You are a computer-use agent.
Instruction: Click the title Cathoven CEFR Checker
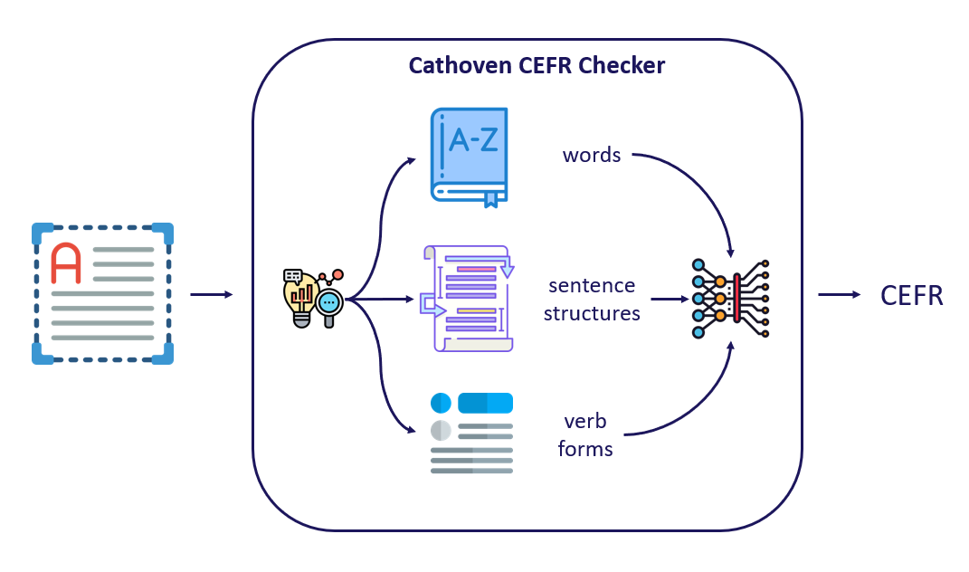tap(537, 66)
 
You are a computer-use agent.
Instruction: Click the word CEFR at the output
tap(912, 295)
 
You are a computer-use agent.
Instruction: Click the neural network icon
tap(729, 298)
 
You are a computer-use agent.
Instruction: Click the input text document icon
tap(102, 293)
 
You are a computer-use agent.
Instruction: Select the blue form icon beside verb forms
tap(471, 433)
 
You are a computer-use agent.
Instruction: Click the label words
tap(592, 155)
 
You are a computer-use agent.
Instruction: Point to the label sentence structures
tap(592, 300)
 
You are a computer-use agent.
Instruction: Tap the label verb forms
tap(585, 434)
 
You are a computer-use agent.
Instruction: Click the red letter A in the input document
tap(66, 262)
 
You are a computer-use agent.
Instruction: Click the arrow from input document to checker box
tap(211, 294)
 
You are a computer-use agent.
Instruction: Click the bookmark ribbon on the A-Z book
tap(491, 198)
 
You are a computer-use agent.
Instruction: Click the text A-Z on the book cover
tap(473, 140)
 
